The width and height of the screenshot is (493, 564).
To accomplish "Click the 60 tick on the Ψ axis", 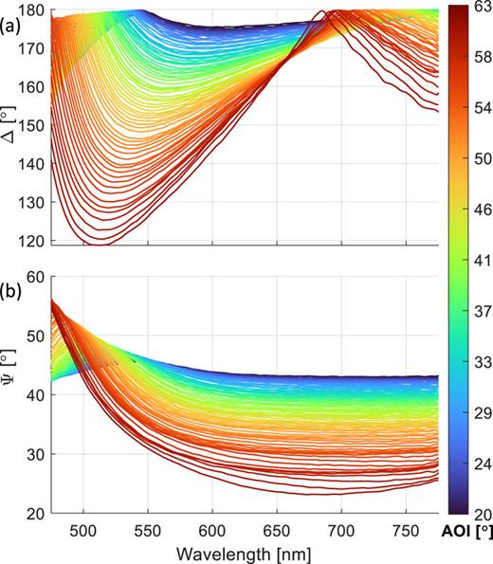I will tap(35, 277).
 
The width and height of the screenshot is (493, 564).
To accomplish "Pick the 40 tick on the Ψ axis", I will tap(35, 395).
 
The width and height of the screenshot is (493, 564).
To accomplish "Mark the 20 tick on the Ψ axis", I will tap(35, 513).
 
